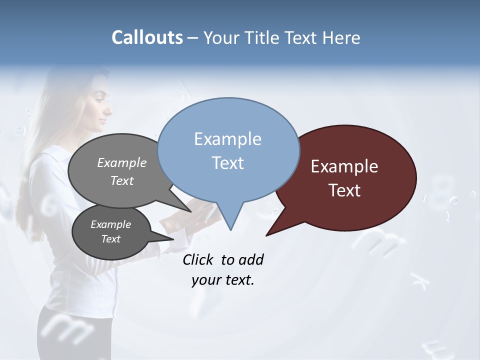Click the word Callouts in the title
(147, 37)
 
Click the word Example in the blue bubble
(227, 139)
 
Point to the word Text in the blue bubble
(227, 163)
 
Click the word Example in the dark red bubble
(344, 166)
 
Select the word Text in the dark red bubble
(344, 190)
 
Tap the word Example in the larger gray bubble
(122, 162)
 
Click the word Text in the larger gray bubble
(122, 180)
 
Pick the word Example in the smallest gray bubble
(110, 224)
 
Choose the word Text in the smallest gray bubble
(110, 239)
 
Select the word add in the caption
(251, 259)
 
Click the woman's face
(102, 107)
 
